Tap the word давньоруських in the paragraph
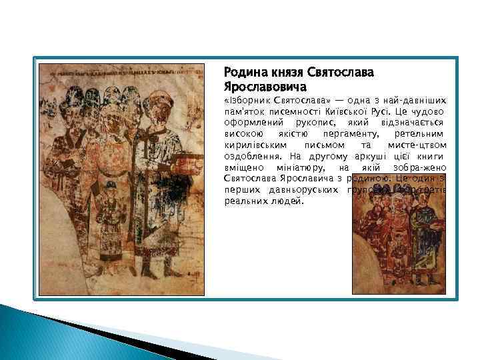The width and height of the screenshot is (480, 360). (299, 189)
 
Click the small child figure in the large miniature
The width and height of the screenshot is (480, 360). (107, 213)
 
